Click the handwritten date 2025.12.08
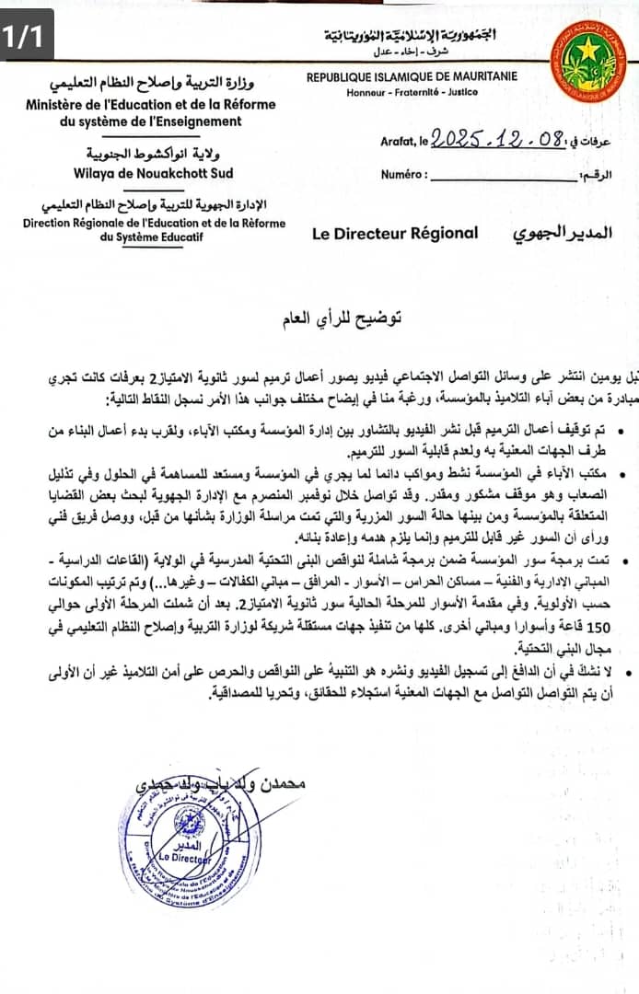click(497, 140)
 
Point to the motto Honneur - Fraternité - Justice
click(412, 93)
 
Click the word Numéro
click(403, 174)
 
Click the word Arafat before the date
click(398, 142)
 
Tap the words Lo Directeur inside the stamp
click(183, 856)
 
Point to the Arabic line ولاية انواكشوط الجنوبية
click(153, 153)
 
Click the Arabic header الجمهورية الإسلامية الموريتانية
click(410, 36)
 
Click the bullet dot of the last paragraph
click(626, 676)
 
